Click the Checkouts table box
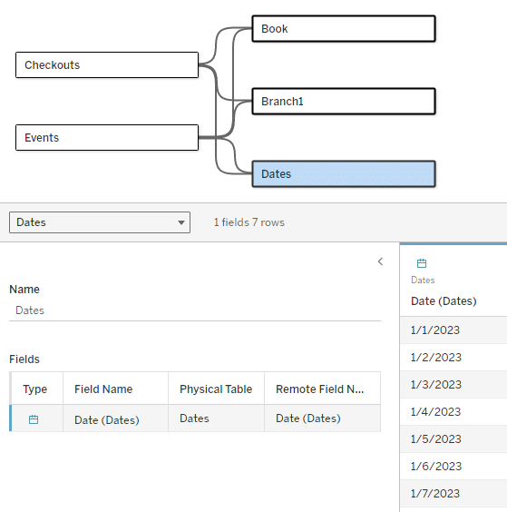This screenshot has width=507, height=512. click(x=107, y=65)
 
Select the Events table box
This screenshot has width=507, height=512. click(x=107, y=137)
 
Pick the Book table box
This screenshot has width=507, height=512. click(x=344, y=29)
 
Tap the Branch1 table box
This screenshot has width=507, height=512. click(x=344, y=102)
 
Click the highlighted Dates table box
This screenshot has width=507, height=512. click(x=344, y=173)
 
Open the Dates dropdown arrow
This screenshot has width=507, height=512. click(x=181, y=222)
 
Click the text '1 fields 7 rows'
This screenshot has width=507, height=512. click(x=249, y=222)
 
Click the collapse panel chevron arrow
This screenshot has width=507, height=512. click(x=380, y=261)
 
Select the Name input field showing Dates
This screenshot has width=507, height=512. click(x=195, y=310)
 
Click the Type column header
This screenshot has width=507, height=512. click(x=34, y=389)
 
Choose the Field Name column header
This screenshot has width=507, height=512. click(x=103, y=389)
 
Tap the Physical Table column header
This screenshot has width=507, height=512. click(x=216, y=389)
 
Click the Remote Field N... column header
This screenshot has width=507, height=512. click(x=320, y=389)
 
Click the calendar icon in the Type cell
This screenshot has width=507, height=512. click(x=34, y=419)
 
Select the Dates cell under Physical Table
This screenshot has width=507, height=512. click(x=194, y=418)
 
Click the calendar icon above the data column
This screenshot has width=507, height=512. click(x=422, y=263)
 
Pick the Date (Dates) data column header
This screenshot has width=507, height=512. click(x=444, y=301)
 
